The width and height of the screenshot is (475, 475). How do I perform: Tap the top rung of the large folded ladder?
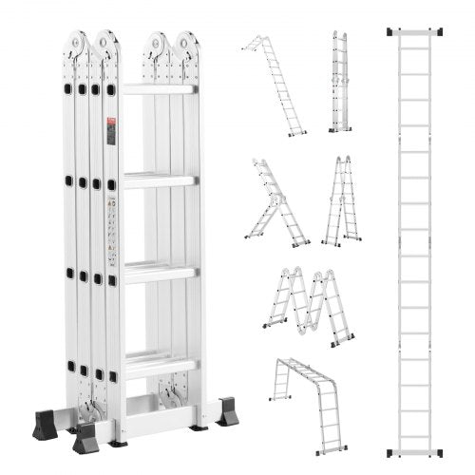coord(158,89)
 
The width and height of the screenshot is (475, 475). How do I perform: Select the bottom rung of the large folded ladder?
coord(159,361)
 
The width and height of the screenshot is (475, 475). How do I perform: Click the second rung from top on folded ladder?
coord(158,180)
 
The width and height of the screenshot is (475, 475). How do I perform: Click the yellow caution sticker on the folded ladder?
coord(111,203)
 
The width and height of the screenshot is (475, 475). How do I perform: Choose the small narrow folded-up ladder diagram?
coord(340,82)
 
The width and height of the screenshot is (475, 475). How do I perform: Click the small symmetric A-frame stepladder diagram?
coord(341,201)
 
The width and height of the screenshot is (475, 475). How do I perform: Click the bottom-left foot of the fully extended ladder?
coord(393,450)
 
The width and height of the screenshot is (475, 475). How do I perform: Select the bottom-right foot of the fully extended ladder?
coord(438,450)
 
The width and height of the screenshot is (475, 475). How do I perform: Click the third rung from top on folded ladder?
coord(158,272)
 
